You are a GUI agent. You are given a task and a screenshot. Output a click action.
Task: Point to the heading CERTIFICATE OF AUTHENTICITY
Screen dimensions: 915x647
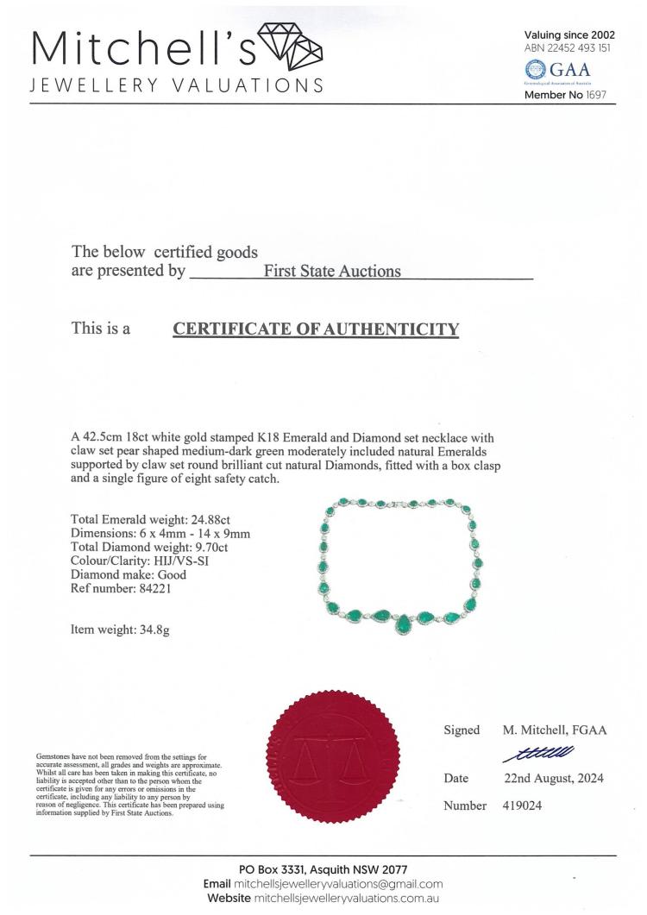316,329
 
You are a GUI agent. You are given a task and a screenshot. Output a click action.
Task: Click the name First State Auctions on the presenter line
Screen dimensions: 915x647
332,271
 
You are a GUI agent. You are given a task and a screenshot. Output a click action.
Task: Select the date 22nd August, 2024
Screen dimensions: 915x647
553,778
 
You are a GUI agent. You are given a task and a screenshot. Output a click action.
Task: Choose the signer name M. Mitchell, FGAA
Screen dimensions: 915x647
555,730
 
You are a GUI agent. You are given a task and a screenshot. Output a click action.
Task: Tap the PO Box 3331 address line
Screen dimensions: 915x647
323,868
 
